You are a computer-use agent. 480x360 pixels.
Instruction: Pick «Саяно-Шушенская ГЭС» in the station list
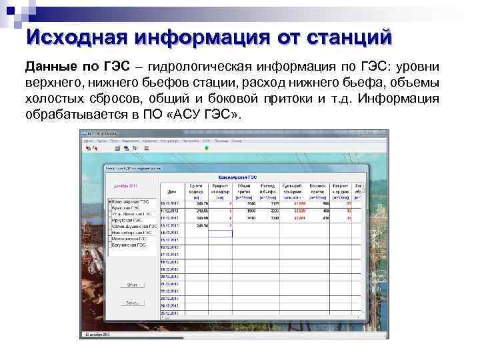133,227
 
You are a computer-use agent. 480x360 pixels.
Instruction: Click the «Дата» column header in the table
172,191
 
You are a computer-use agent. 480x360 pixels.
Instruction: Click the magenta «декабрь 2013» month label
126,186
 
